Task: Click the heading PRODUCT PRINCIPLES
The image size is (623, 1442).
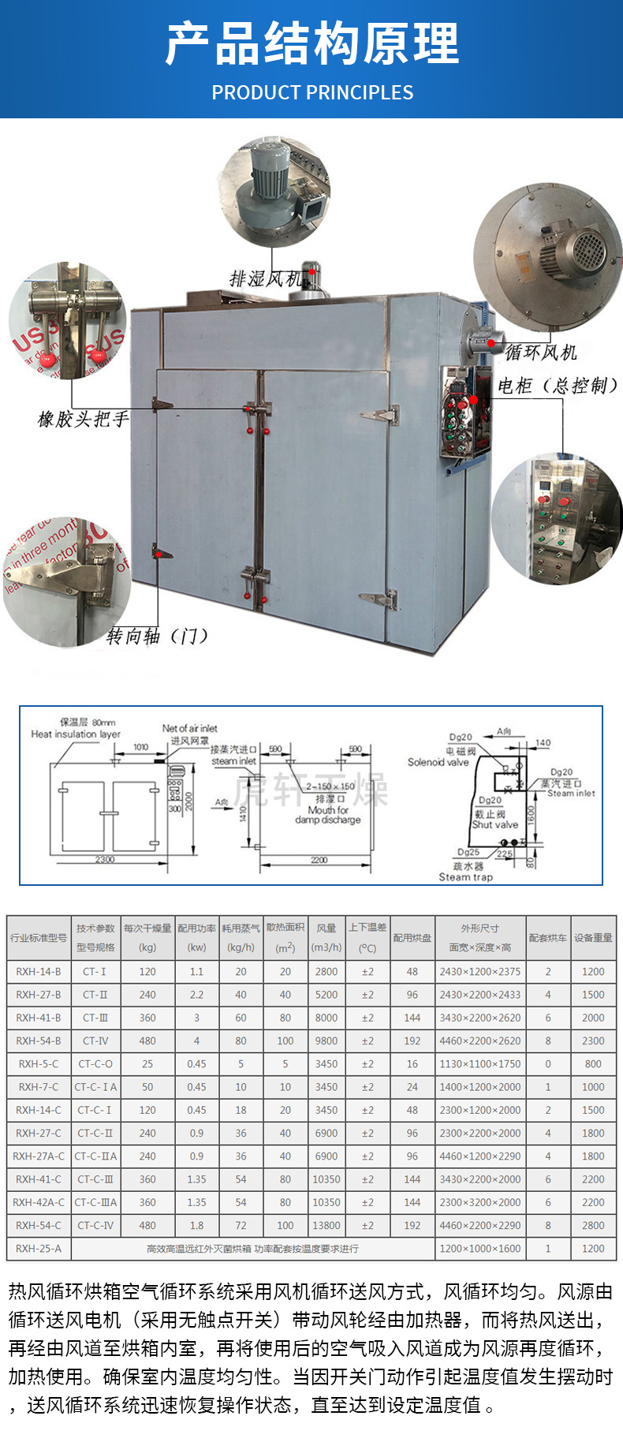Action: [312, 93]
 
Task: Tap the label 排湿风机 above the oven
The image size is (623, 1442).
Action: [266, 279]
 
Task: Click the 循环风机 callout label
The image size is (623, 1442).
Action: [542, 352]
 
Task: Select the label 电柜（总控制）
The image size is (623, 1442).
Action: [558, 385]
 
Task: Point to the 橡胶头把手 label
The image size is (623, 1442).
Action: [84, 419]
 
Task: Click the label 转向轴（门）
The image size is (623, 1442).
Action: [158, 636]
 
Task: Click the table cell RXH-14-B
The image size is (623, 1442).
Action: [39, 972]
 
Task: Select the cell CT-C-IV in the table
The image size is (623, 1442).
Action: [95, 1226]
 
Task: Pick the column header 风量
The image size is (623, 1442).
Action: [326, 928]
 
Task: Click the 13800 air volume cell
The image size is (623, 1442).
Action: [326, 1226]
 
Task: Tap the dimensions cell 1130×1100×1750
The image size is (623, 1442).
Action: [480, 1064]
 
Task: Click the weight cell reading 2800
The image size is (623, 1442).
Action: [593, 1226]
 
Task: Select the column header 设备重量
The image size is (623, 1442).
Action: [593, 938]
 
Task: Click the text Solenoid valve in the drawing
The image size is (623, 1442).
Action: [438, 762]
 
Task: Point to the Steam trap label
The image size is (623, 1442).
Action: [465, 877]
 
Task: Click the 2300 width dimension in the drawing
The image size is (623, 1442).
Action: [105, 860]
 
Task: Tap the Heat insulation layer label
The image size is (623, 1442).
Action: [76, 734]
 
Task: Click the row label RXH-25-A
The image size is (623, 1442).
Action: [39, 1249]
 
